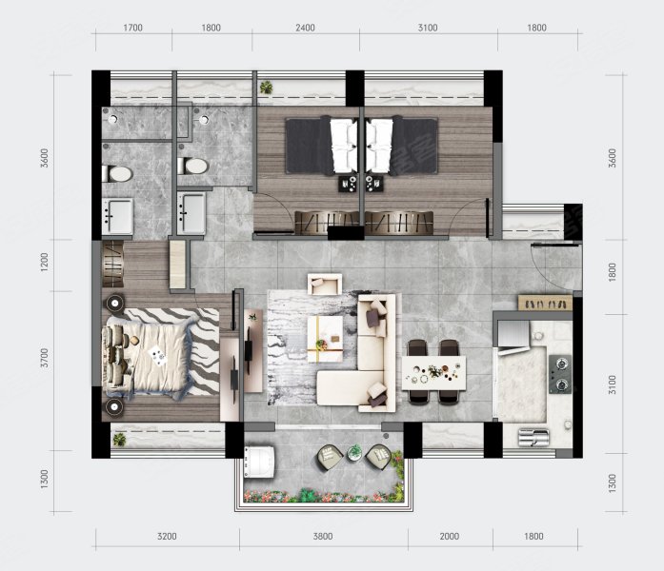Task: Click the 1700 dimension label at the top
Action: (x=132, y=28)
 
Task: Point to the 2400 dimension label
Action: (x=305, y=28)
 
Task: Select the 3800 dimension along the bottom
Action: (x=323, y=537)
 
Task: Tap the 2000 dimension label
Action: (x=450, y=537)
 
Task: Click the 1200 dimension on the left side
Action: (x=45, y=263)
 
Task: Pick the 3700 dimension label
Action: (x=45, y=358)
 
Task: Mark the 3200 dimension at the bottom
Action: (x=167, y=537)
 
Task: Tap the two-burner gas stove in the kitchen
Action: (x=560, y=374)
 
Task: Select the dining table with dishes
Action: (x=433, y=373)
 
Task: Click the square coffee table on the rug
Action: (x=325, y=339)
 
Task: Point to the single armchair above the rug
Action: (x=325, y=284)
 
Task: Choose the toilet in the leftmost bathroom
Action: (x=117, y=174)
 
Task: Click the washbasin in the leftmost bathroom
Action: (x=117, y=216)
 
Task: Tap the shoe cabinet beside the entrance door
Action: (x=546, y=303)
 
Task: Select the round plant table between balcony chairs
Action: (x=355, y=453)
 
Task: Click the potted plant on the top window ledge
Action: (x=267, y=88)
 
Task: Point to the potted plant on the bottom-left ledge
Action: (x=119, y=440)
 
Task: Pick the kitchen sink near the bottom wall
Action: (x=533, y=438)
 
